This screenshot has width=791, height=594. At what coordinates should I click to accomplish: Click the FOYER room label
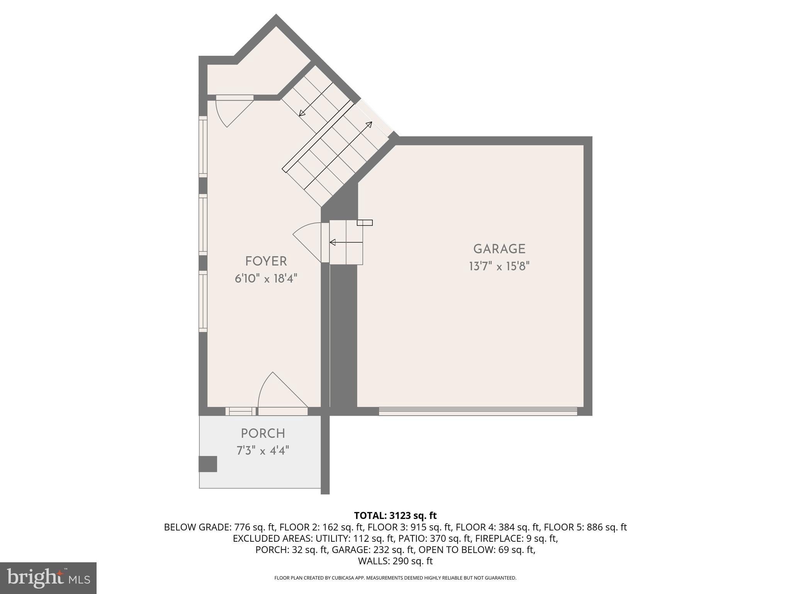click(x=266, y=261)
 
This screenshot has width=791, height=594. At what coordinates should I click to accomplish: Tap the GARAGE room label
click(x=499, y=249)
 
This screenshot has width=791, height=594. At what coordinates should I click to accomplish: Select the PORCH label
click(x=263, y=433)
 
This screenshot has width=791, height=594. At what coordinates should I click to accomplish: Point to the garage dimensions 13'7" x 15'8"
click(x=499, y=266)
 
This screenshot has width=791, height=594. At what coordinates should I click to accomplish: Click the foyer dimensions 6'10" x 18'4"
click(x=266, y=278)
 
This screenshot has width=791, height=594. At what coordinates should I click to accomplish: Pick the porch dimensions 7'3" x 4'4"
click(x=263, y=451)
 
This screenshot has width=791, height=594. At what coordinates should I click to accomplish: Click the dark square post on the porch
click(x=208, y=464)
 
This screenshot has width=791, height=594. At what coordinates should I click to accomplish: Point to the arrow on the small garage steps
click(x=346, y=242)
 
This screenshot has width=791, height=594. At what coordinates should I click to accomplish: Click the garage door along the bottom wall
click(x=478, y=411)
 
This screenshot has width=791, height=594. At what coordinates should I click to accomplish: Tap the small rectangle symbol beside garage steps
click(x=365, y=223)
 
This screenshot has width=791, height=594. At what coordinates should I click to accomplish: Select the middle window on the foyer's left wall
click(x=203, y=225)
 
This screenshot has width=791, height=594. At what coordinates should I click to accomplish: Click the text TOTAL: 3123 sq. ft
click(x=395, y=515)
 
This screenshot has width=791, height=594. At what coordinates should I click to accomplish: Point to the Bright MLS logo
click(x=48, y=578)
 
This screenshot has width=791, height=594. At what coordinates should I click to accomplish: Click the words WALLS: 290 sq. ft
click(x=395, y=561)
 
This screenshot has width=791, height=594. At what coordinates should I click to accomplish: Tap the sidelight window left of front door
click(x=241, y=411)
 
